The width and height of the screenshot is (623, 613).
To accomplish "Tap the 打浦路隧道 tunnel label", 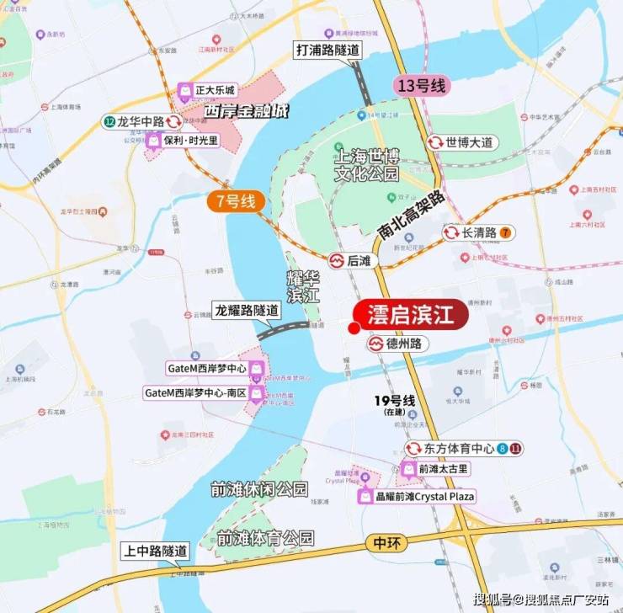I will click(x=327, y=50).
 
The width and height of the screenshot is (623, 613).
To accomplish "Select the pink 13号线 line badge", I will click(x=423, y=86).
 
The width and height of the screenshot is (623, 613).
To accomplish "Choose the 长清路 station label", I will click(x=478, y=232).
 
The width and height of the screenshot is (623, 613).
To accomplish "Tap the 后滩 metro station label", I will click(x=358, y=261).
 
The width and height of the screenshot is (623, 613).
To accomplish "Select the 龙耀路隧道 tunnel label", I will click(x=246, y=309).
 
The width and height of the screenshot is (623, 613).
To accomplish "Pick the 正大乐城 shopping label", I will click(x=207, y=90).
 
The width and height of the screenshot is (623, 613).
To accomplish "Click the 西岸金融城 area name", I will click(x=241, y=110).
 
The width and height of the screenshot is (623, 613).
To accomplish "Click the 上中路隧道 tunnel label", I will click(x=155, y=550).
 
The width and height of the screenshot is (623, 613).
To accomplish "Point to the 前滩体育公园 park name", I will click(x=264, y=537).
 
